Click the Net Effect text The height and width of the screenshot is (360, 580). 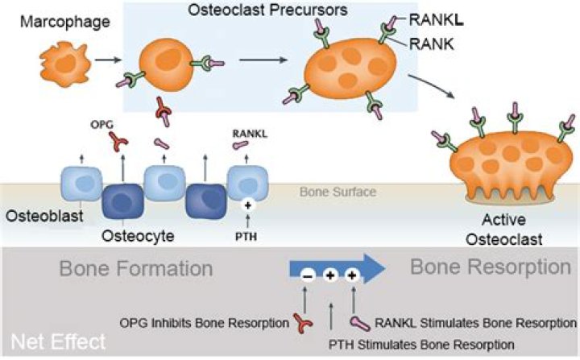pyautogui.click(x=56, y=341)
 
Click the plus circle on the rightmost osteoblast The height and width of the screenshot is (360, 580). pyautogui.click(x=247, y=205)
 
